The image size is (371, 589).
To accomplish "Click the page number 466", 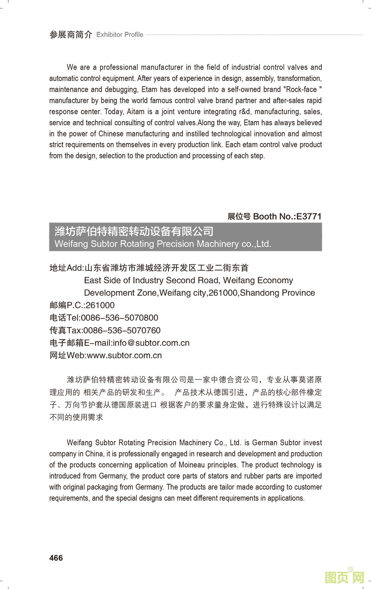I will [x=56, y=558].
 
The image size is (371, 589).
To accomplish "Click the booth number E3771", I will [x=309, y=216].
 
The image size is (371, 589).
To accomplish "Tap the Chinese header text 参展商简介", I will [x=71, y=35].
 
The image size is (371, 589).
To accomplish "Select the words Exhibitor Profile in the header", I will [x=120, y=35].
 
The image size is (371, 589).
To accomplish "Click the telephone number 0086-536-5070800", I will [x=119, y=318].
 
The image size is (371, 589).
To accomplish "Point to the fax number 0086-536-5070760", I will [x=122, y=330].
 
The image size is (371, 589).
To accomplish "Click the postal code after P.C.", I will [x=100, y=305].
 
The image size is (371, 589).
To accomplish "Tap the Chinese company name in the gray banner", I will [x=134, y=231].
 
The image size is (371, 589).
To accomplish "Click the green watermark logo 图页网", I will [x=344, y=577].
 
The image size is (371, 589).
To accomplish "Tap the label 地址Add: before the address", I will [x=67, y=268].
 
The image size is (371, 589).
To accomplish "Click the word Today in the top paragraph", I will [x=114, y=112].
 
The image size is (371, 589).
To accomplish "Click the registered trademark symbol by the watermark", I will [x=350, y=569].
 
